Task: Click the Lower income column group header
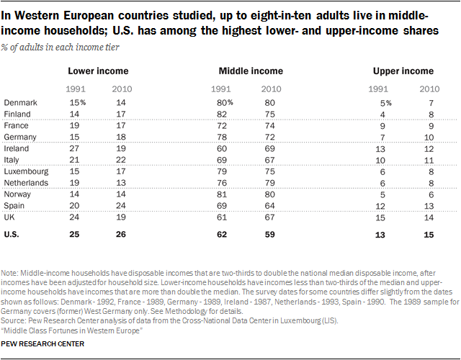point(98,71)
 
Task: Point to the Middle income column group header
point(250,71)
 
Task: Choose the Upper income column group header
point(403,71)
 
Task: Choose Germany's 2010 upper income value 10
point(430,137)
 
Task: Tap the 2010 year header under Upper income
point(429,88)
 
